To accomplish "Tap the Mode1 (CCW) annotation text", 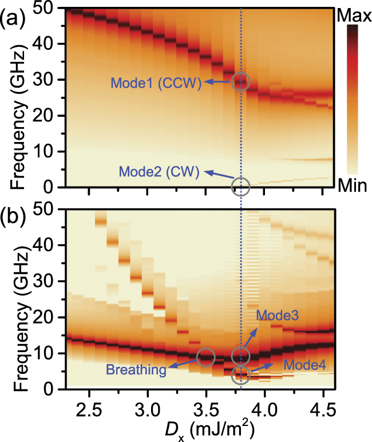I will pyautogui.click(x=156, y=84).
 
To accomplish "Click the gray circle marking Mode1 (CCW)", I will pyautogui.click(x=240, y=81).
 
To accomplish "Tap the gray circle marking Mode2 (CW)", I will pyautogui.click(x=240, y=187).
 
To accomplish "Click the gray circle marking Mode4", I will pyautogui.click(x=240, y=376).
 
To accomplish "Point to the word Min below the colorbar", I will pyautogui.click(x=353, y=186).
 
